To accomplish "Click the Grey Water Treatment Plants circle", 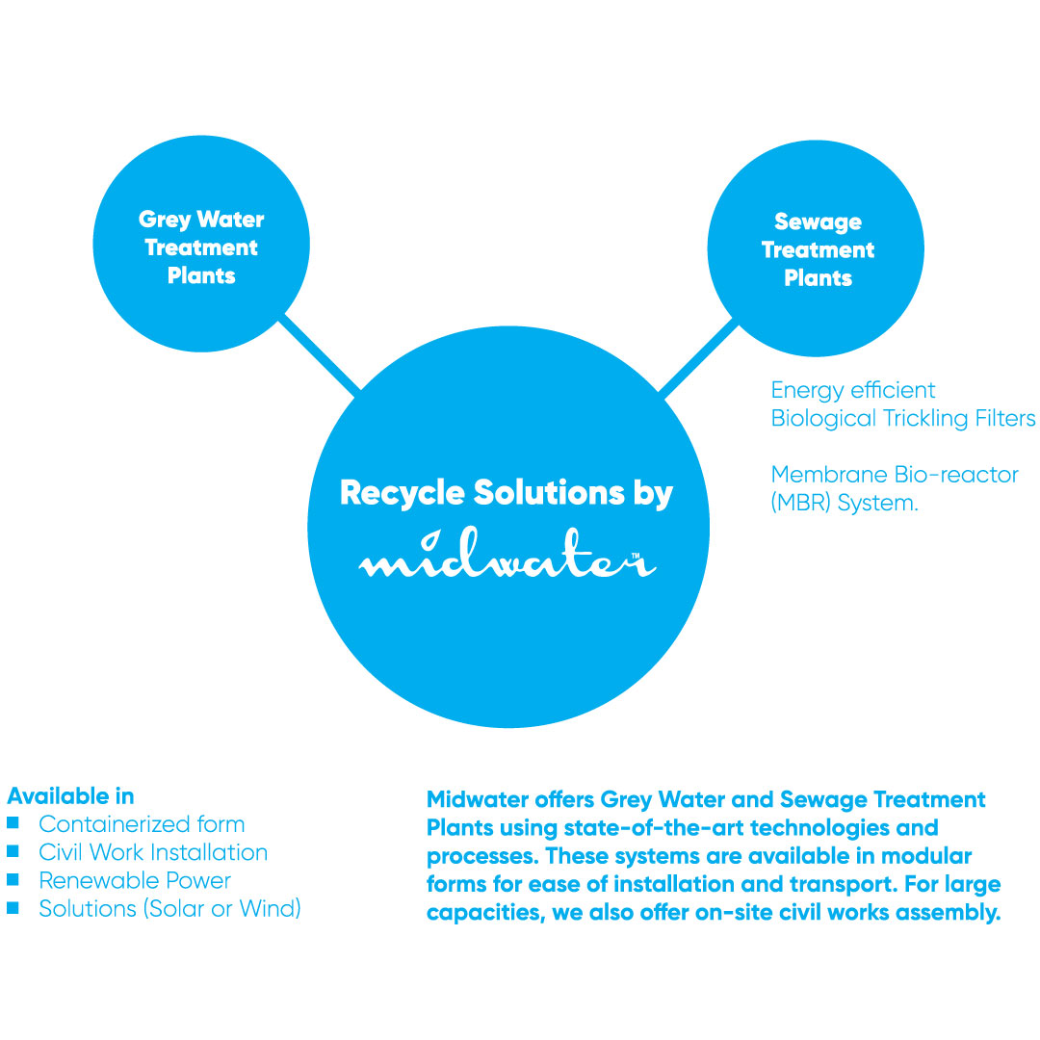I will [200, 245].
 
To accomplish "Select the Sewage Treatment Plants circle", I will [816, 248].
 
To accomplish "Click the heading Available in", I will [70, 796].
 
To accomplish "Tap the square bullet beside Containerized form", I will [13, 823].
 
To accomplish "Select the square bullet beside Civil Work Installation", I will [13, 851].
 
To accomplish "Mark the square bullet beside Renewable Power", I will [13, 879].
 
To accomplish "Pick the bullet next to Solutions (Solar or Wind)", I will [13, 907].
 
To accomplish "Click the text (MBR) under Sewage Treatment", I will [801, 503].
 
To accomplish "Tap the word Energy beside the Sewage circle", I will [808, 390].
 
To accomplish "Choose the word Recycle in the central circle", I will [403, 493].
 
